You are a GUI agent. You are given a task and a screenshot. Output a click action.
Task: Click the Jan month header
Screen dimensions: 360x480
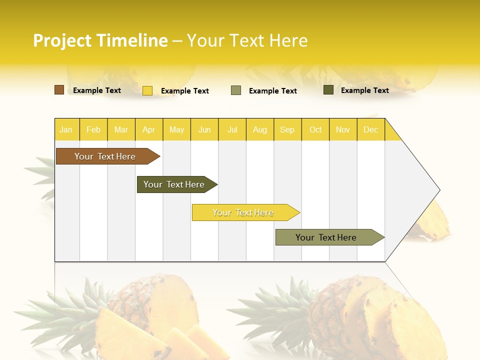pyautogui.click(x=66, y=129)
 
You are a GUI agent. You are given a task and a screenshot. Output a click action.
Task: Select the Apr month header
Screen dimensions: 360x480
pyautogui.click(x=149, y=129)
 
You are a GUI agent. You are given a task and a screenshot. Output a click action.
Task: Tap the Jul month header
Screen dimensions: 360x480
pyautogui.click(x=232, y=129)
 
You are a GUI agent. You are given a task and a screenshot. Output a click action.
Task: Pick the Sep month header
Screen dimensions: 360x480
pyautogui.click(x=287, y=129)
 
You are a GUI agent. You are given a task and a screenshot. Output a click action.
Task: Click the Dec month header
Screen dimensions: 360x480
pyautogui.click(x=371, y=129)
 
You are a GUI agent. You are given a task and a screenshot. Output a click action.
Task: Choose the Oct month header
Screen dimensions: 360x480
pyautogui.click(x=315, y=129)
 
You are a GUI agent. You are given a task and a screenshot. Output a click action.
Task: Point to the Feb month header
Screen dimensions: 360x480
pyautogui.click(x=93, y=129)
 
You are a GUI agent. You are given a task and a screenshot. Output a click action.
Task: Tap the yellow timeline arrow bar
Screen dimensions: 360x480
pyautogui.click(x=243, y=212)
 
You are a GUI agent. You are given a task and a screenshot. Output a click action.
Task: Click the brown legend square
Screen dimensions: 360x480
pyautogui.click(x=59, y=90)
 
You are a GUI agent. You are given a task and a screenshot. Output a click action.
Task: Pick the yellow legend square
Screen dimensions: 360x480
pyautogui.click(x=147, y=90)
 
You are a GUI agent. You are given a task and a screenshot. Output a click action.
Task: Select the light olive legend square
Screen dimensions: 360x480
pyautogui.click(x=236, y=90)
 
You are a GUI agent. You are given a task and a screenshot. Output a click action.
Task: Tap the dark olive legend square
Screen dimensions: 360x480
pyautogui.click(x=328, y=90)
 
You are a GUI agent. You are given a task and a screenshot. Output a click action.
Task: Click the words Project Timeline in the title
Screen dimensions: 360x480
pyautogui.click(x=100, y=40)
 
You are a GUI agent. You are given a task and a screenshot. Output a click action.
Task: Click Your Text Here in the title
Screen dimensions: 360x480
pyautogui.click(x=247, y=40)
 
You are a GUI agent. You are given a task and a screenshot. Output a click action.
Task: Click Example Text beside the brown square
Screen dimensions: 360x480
pyautogui.click(x=97, y=90)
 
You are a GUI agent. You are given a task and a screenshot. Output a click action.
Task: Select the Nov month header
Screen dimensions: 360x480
pyautogui.click(x=343, y=129)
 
